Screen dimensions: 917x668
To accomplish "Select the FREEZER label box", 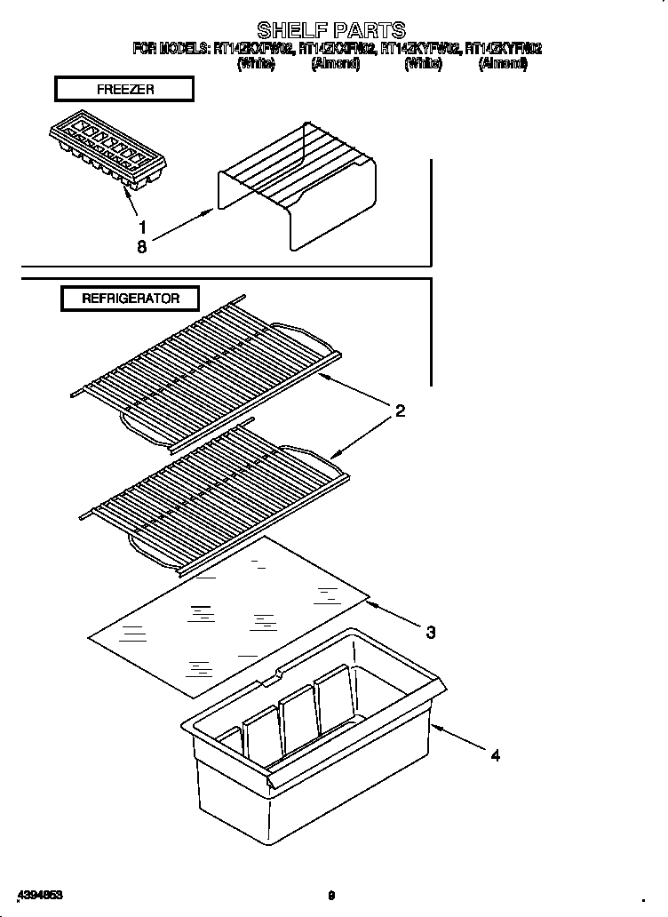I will [x=123, y=89].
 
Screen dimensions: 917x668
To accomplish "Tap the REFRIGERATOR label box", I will [x=130, y=299].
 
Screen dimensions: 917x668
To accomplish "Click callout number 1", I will [x=141, y=227].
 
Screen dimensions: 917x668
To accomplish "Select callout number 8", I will [x=141, y=248].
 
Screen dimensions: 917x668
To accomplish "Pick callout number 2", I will [x=401, y=411].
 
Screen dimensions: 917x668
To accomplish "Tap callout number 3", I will [x=431, y=633].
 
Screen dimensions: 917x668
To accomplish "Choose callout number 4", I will [x=496, y=755].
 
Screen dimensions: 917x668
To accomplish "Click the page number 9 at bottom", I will [x=330, y=896].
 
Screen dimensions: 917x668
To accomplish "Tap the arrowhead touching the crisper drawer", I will [x=436, y=727].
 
